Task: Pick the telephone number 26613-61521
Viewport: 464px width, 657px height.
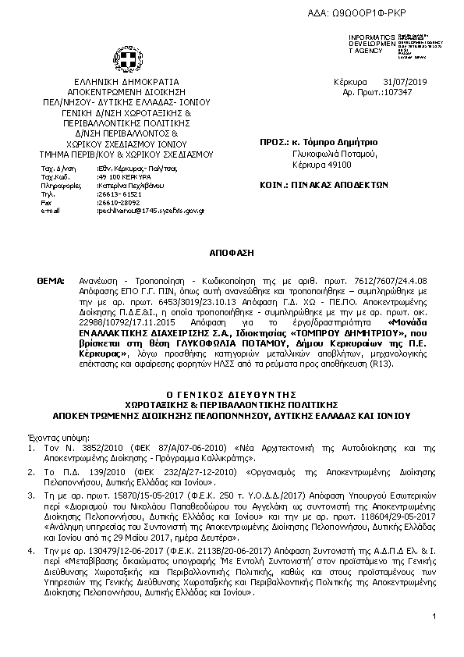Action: click(x=115, y=194)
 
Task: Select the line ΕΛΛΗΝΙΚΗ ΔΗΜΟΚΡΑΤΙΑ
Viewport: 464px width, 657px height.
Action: click(x=126, y=81)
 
